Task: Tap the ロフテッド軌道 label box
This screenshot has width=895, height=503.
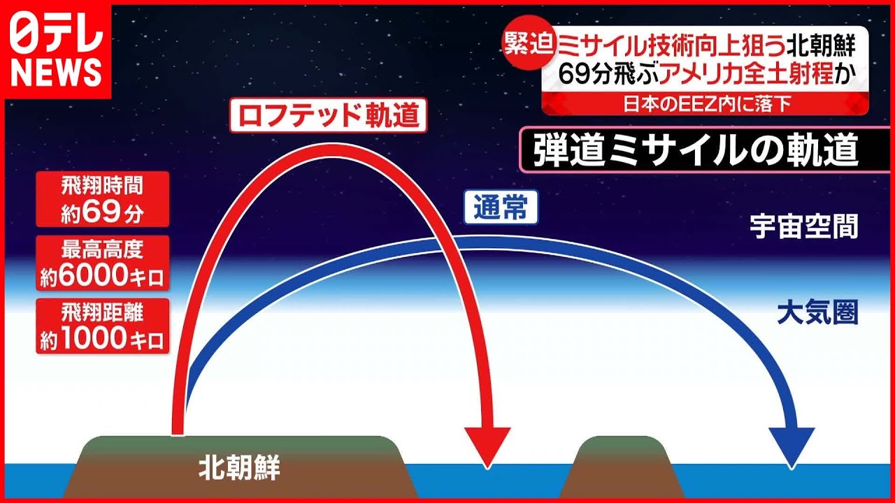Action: (329, 115)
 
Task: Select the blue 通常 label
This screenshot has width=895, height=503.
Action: (501, 207)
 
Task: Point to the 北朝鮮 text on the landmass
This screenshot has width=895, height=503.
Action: (239, 467)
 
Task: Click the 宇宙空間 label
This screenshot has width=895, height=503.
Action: (804, 227)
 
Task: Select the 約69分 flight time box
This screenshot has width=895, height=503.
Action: (103, 199)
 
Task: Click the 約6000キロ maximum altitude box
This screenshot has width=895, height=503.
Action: (103, 263)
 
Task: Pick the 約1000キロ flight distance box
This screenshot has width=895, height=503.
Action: (103, 326)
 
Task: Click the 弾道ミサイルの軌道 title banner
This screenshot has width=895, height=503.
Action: (706, 150)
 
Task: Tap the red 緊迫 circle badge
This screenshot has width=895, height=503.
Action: (529, 43)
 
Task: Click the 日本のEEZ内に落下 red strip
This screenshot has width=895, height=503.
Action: (706, 105)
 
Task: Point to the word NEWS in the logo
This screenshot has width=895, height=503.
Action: (56, 73)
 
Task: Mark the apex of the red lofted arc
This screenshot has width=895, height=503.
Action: (331, 150)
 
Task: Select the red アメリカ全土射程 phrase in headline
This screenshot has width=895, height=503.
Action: (745, 74)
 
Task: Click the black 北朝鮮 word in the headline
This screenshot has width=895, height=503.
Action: (821, 46)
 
